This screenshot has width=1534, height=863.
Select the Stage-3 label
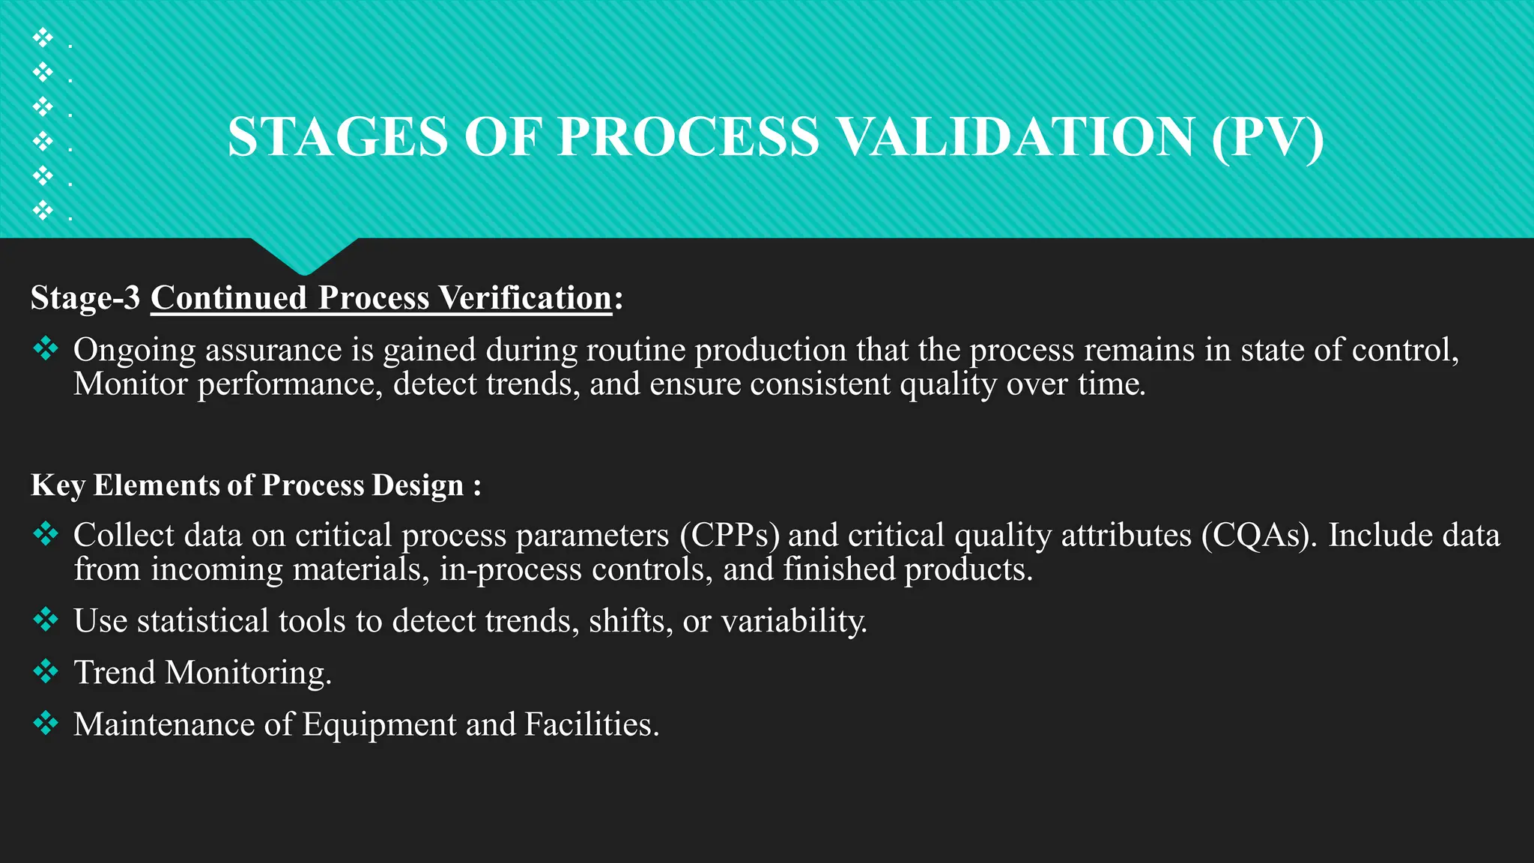point(85,298)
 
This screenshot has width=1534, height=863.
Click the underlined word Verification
point(525,298)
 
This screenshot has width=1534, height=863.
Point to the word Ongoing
point(134,351)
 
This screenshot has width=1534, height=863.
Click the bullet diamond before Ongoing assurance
point(46,348)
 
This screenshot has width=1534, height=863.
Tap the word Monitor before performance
point(130,384)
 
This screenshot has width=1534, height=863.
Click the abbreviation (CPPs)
point(730,536)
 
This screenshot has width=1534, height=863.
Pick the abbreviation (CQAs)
point(1258,536)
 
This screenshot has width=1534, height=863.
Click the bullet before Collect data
point(46,533)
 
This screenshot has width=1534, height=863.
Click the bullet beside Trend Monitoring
point(46,671)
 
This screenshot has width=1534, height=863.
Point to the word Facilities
point(592,724)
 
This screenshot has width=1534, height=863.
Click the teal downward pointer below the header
point(304,255)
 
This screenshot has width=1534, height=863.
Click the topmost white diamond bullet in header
point(43,37)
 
